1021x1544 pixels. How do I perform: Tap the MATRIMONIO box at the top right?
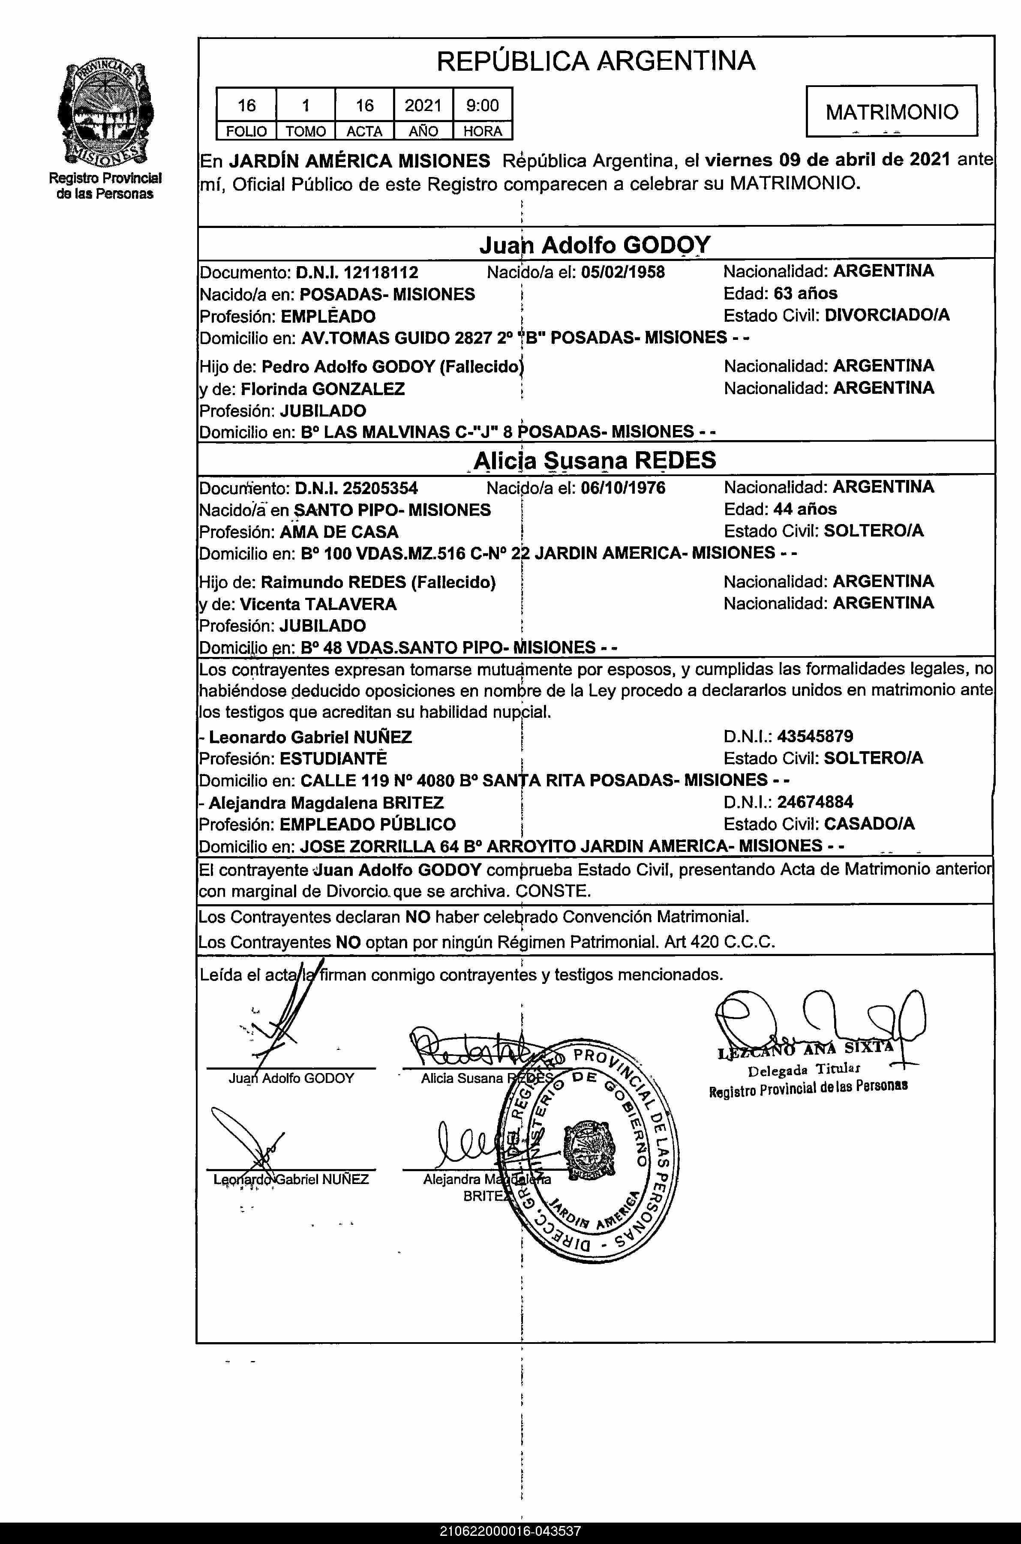[x=892, y=111]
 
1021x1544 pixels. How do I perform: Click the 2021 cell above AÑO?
[x=423, y=105]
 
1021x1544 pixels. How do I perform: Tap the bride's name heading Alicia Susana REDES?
[x=595, y=460]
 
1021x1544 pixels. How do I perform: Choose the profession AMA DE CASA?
[x=339, y=532]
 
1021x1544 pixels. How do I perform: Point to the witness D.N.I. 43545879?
[x=814, y=736]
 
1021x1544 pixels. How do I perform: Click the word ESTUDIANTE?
[x=333, y=759]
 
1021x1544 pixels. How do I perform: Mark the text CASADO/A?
[x=869, y=823]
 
